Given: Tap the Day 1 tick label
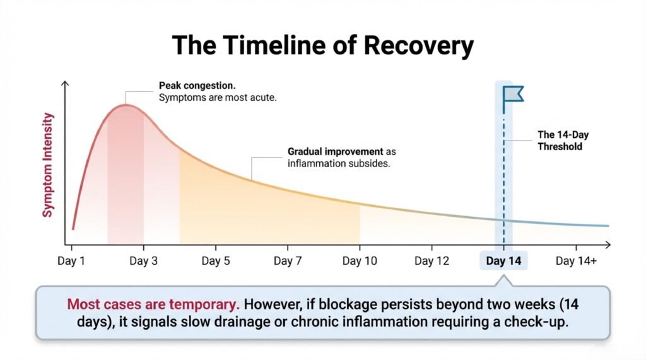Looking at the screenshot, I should point(71,261).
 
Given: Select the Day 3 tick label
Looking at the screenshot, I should point(143,261).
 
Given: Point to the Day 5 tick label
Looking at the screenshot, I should point(215,261).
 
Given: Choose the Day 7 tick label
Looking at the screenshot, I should point(287,261).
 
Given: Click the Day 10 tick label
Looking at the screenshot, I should point(359,261).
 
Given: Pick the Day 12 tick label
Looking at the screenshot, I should point(432,261).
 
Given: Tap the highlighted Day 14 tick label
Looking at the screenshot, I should point(503,261).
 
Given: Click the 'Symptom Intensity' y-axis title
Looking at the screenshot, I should point(48,165).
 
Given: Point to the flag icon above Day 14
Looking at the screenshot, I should point(512,94).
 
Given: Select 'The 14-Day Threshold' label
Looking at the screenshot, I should point(560,140).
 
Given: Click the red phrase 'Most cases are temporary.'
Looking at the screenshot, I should point(153,304).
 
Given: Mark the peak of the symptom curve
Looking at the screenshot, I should point(126,105).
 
